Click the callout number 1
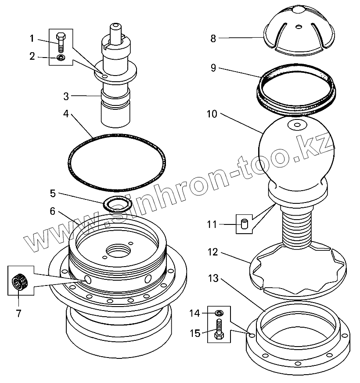(32, 38)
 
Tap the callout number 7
(18, 314)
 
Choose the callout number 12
(212, 252)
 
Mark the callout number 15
(195, 333)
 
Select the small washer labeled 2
(61, 58)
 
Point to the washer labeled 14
(218, 313)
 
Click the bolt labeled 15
(219, 330)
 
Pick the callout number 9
(212, 68)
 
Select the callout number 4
(66, 113)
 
